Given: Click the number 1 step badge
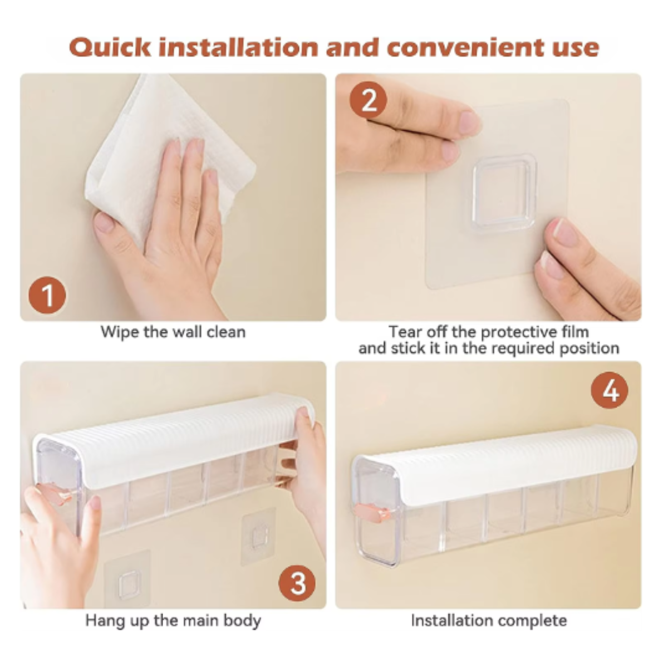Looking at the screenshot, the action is click(x=47, y=296).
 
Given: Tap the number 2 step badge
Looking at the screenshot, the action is click(x=368, y=101).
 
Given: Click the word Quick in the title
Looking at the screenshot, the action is click(x=110, y=47).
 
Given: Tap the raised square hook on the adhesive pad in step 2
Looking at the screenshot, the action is click(x=504, y=193).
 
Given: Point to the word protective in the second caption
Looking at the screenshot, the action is click(x=518, y=332).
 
